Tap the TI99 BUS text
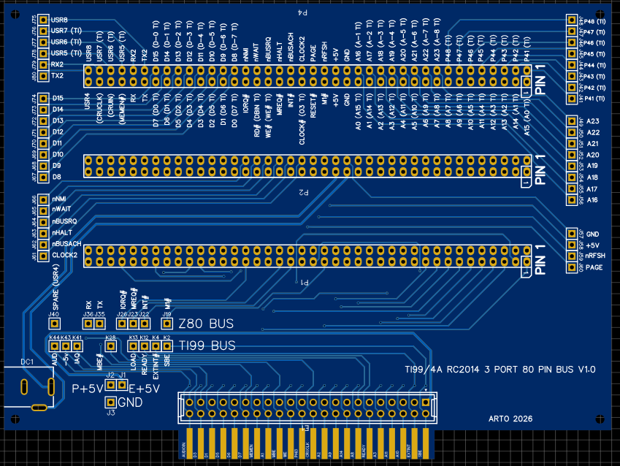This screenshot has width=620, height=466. (x=207, y=345)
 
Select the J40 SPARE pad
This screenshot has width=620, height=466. (x=53, y=324)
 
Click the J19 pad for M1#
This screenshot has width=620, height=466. (x=167, y=324)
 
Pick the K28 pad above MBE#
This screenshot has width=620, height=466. (x=111, y=346)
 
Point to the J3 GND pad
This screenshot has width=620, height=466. (x=111, y=402)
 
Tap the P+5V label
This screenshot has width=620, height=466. (x=88, y=389)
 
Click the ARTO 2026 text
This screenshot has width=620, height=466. (x=510, y=419)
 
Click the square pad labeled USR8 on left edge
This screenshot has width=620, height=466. (x=44, y=20)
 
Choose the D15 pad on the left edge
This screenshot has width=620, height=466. (x=44, y=98)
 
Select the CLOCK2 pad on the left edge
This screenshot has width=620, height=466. (x=44, y=255)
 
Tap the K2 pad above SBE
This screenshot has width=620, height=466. (x=167, y=346)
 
